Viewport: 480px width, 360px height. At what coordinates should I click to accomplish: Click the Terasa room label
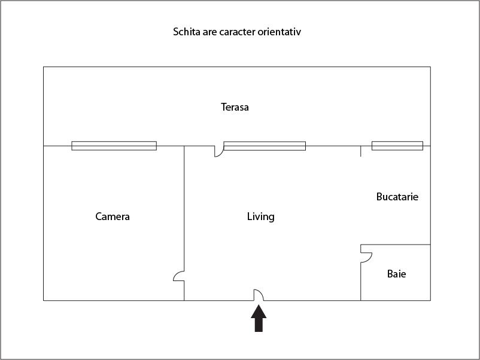tap(235, 107)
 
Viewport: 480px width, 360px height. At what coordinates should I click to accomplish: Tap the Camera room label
tap(113, 216)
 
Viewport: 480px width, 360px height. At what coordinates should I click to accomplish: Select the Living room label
tap(260, 217)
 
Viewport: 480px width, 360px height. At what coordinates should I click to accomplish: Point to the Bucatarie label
tap(397, 197)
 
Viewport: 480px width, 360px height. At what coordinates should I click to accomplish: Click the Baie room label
tap(396, 274)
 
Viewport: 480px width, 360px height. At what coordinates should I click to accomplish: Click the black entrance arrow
tap(259, 318)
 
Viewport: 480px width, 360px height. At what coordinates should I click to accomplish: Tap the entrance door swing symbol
tap(259, 295)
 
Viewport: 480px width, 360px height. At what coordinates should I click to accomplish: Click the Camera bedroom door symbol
tap(179, 276)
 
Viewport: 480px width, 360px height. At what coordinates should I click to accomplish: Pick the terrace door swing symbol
tap(219, 151)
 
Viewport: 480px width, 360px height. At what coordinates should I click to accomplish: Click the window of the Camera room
tap(114, 146)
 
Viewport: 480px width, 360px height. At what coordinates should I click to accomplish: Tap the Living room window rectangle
tap(265, 146)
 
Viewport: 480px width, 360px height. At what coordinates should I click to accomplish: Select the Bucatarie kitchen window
tap(397, 146)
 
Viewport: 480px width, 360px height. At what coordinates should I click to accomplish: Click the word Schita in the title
tap(187, 32)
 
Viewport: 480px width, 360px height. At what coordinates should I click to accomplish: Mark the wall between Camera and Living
tap(184, 223)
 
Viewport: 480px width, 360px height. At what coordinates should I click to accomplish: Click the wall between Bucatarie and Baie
tap(396, 245)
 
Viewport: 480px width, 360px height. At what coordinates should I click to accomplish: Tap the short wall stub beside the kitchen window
tap(361, 151)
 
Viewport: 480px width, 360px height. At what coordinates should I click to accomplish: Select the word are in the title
tap(209, 32)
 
